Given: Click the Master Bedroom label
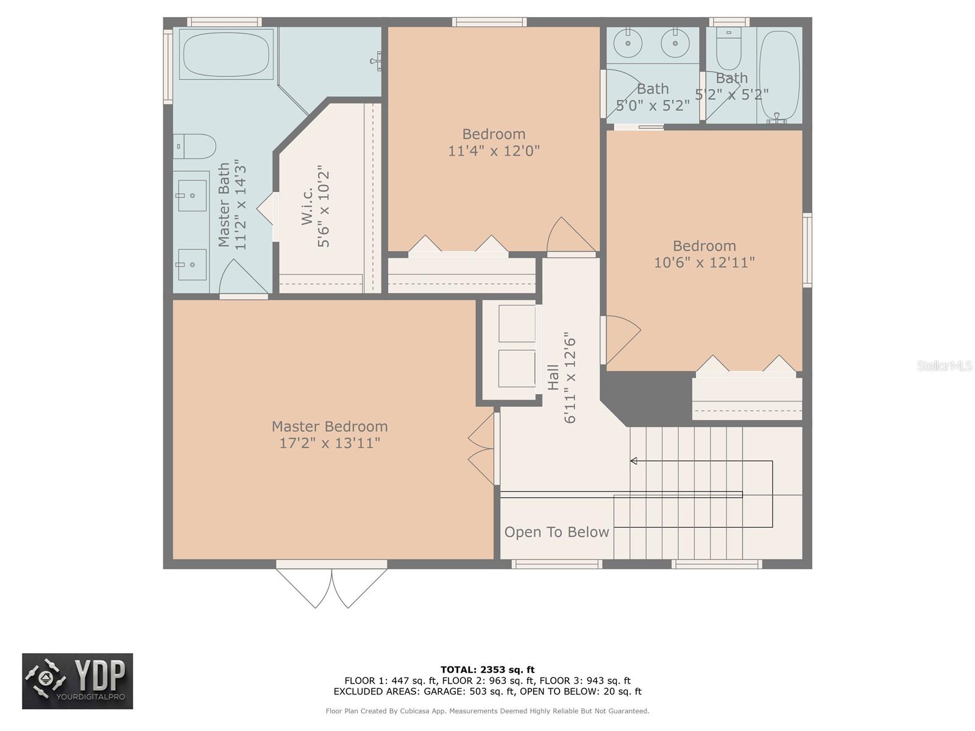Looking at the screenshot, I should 330,426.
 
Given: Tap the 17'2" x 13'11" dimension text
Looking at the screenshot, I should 330,443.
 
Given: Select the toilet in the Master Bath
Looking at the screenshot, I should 194,146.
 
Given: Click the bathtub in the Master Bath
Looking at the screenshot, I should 225,54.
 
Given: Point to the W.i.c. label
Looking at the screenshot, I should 307,205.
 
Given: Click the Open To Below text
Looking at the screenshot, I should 556,532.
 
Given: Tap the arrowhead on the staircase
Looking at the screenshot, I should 634,461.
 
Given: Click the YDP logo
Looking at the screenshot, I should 77,681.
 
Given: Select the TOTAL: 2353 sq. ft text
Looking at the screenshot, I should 487,669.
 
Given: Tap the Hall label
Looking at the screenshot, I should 553,377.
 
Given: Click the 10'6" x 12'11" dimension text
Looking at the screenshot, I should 704,263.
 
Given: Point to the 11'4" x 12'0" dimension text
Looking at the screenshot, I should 494,150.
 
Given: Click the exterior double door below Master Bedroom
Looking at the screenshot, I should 331,587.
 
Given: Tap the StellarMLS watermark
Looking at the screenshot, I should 944,365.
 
